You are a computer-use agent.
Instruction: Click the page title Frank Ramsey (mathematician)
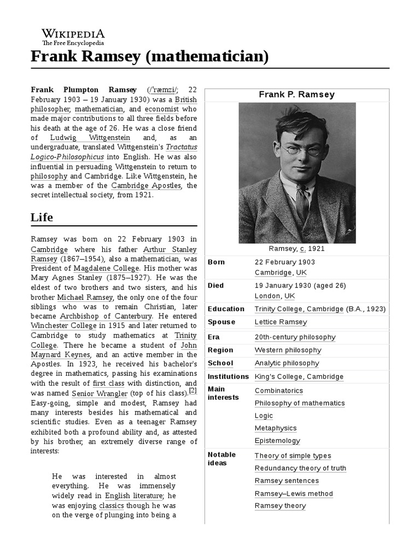point(149,56)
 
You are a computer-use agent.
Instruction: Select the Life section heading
point(42,217)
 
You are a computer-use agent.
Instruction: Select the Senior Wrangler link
point(100,393)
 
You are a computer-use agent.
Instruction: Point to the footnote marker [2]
point(192,391)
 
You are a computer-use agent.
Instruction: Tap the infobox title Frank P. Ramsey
point(296,95)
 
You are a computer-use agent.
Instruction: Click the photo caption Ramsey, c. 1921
point(297,248)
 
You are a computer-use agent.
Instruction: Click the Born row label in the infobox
point(216,262)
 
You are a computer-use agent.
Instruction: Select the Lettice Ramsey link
point(281,322)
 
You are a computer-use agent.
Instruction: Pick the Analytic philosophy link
point(287,363)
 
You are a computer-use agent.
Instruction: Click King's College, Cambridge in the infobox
point(299,376)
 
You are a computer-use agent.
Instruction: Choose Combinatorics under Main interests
point(278,390)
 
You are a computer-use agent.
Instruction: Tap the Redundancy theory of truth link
point(300,468)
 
